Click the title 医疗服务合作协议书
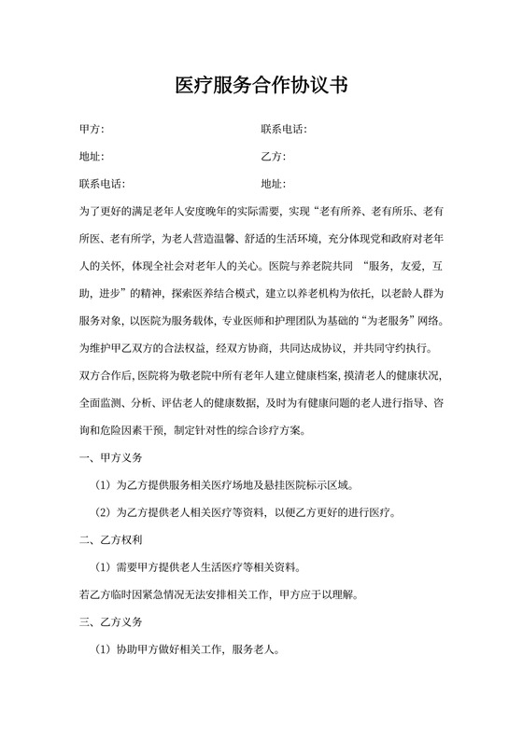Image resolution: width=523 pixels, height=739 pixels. coord(261,87)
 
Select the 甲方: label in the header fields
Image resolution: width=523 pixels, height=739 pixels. coord(92,130)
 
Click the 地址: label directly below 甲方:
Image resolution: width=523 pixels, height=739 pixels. coord(92,157)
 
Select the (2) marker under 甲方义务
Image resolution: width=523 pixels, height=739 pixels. coord(104,513)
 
